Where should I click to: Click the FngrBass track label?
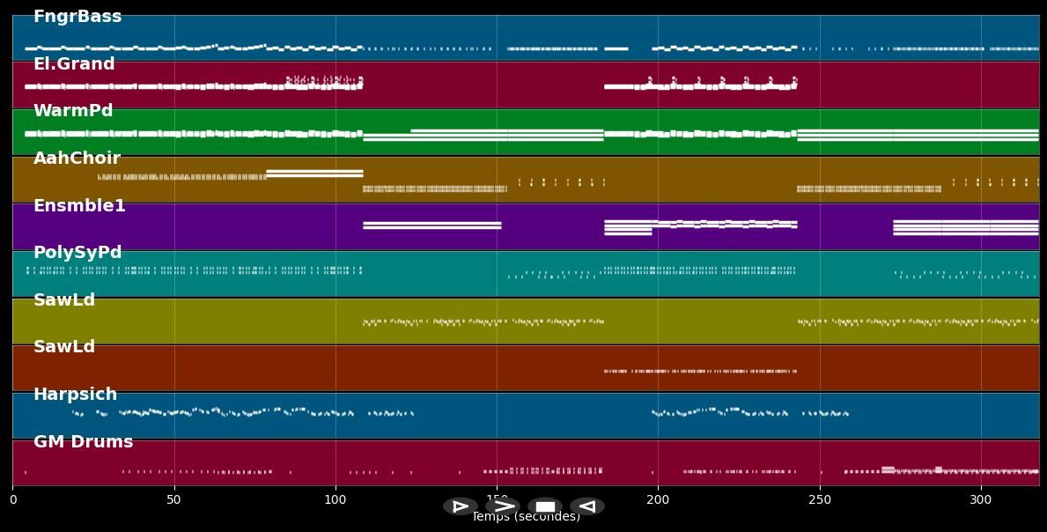77,17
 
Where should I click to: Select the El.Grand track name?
74,64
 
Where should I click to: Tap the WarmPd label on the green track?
73,111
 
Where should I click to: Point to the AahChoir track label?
77,159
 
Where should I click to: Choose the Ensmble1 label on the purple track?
79,206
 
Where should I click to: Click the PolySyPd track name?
77,253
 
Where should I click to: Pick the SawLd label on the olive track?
64,300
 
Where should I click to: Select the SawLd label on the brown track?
64,347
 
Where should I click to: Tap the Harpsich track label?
75,395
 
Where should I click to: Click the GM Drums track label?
83,442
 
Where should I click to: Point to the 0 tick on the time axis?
12,500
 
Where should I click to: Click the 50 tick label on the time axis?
173,500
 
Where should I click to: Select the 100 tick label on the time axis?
335,500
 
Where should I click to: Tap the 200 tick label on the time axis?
658,500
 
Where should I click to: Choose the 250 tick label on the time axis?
820,500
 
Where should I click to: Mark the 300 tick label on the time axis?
981,500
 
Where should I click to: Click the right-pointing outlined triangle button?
460,506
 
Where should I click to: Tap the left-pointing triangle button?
587,506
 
